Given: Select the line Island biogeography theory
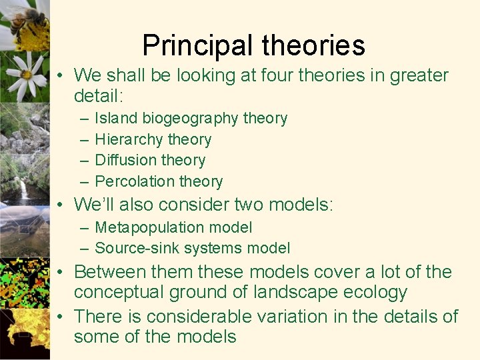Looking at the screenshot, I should click(191, 119).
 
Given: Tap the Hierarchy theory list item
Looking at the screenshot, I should click(153, 139).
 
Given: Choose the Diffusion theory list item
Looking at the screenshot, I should click(150, 160).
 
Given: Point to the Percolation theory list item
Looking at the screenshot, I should click(159, 181).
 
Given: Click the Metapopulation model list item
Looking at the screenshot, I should click(173, 227).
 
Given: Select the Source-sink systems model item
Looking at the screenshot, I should click(192, 249).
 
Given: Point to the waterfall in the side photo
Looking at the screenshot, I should click(25, 190).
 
